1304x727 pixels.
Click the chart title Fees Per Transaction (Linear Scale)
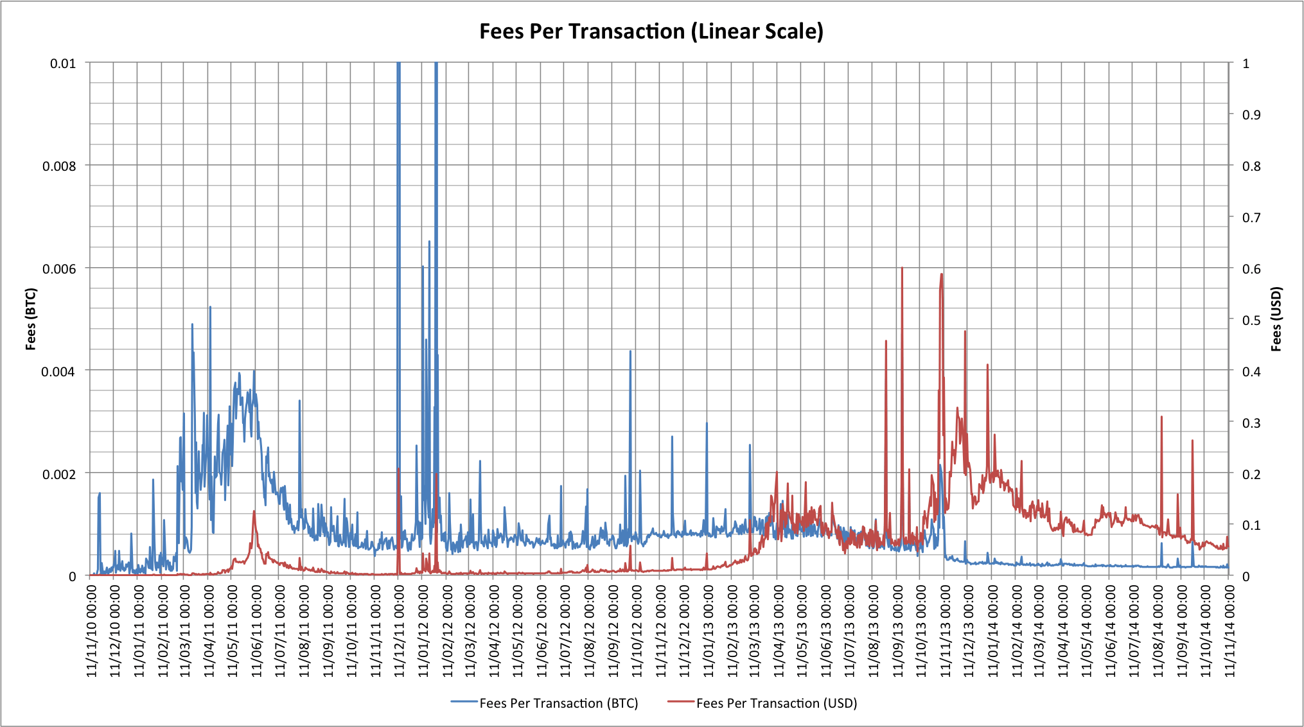click(651, 31)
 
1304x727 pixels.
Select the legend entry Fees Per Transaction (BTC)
click(558, 703)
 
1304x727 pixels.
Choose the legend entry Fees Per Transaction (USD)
click(776, 703)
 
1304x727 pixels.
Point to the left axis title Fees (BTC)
click(31, 319)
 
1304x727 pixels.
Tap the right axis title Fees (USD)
click(1276, 319)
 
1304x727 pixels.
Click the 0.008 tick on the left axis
click(59, 166)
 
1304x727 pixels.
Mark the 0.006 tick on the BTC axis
click(59, 268)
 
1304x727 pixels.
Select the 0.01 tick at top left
click(63, 64)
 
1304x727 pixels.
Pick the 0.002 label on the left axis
click(59, 474)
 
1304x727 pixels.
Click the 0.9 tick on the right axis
click(1251, 115)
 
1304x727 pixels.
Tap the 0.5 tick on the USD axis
click(1251, 320)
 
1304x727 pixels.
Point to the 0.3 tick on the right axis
click(1251, 423)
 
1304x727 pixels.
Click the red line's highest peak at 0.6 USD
click(902, 268)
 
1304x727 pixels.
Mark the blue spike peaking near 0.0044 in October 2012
click(630, 351)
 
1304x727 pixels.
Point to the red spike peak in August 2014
click(1161, 417)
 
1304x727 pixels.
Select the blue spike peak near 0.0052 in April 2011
click(210, 308)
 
